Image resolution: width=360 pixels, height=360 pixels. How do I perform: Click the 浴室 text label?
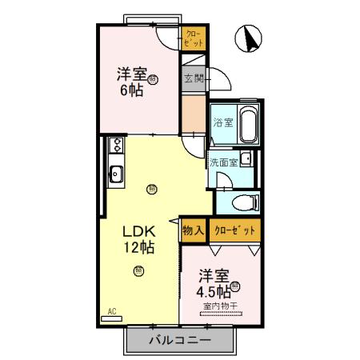coord(222,123)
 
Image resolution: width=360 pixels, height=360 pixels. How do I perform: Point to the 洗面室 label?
coord(223,162)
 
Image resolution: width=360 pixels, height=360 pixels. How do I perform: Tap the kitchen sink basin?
coord(116,173)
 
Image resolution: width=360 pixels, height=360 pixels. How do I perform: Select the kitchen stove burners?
coord(117,146)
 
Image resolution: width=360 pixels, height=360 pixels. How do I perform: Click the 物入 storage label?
coord(193,230)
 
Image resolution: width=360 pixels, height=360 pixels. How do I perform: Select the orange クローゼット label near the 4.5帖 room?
coord(235,230)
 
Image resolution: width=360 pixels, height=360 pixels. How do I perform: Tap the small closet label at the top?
coord(194,38)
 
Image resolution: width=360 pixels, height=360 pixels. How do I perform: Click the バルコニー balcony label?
coord(180,340)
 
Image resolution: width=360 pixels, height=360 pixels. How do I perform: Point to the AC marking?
coord(111,311)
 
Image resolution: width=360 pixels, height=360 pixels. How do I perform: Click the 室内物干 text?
coord(220,306)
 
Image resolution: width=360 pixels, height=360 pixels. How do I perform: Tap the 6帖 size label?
coord(131,90)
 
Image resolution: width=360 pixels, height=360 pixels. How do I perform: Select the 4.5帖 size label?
coord(214,291)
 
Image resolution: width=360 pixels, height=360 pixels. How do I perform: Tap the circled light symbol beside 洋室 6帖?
coord(152,78)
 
